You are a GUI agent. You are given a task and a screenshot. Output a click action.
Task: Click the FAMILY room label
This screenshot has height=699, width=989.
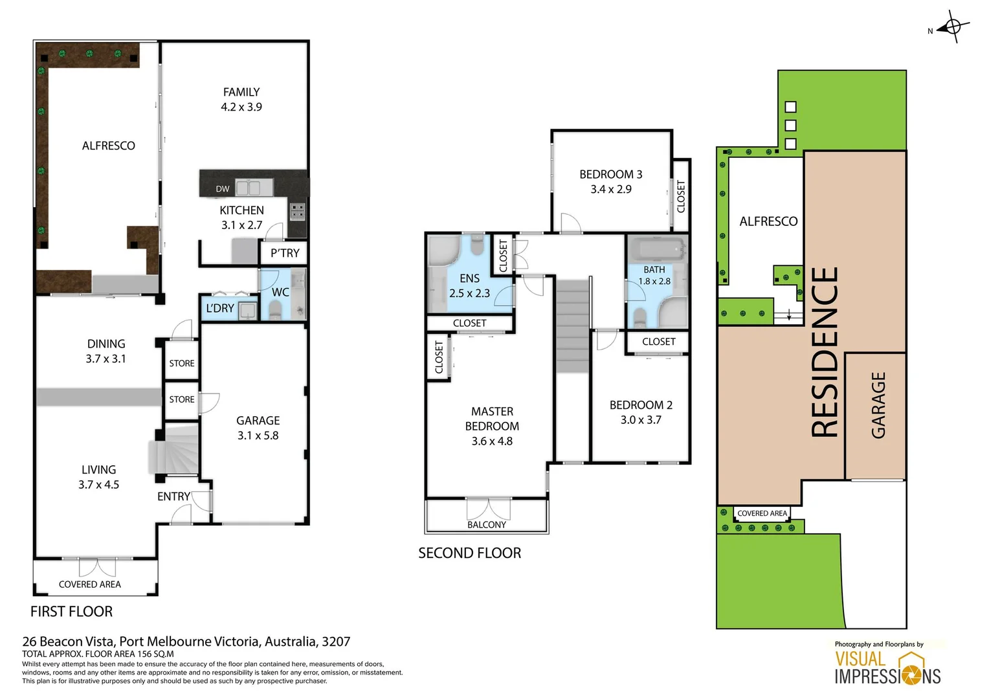(x=241, y=93)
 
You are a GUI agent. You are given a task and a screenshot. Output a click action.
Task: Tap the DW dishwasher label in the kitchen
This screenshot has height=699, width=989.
(x=223, y=189)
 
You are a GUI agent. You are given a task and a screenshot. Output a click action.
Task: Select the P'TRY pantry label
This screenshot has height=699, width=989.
(x=285, y=253)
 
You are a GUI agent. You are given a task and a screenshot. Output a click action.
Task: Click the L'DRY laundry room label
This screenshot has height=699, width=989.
(x=220, y=309)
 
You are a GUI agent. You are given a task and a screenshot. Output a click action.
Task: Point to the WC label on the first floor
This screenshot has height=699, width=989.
(x=280, y=293)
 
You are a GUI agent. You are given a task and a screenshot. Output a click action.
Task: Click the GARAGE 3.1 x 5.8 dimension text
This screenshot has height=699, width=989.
(x=258, y=436)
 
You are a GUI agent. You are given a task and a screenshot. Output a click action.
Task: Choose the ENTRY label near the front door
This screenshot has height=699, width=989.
(x=173, y=496)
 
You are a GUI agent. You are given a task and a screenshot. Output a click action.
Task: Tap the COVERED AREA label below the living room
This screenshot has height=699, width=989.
(x=90, y=584)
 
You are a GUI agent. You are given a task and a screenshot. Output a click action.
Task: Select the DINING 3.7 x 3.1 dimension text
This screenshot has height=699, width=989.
(x=106, y=359)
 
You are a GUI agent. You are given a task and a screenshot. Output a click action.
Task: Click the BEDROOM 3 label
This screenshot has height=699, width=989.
(x=610, y=174)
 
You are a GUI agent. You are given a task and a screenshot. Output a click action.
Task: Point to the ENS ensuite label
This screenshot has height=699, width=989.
(x=469, y=278)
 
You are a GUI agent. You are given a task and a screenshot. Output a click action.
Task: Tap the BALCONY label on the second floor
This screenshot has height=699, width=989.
(x=487, y=525)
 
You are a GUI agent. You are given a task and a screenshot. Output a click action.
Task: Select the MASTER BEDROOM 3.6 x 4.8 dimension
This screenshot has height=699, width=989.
(x=492, y=441)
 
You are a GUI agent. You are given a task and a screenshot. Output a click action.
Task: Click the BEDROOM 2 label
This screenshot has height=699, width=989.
(x=641, y=405)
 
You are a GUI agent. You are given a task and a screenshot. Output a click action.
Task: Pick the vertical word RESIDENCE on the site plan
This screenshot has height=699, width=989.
(x=825, y=353)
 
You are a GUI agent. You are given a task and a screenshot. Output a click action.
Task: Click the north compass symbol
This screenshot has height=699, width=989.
(x=952, y=27)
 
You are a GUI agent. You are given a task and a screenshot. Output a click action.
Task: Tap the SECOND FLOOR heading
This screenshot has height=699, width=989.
(x=469, y=553)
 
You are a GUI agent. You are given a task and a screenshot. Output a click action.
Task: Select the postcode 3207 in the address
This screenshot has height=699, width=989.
(x=336, y=642)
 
